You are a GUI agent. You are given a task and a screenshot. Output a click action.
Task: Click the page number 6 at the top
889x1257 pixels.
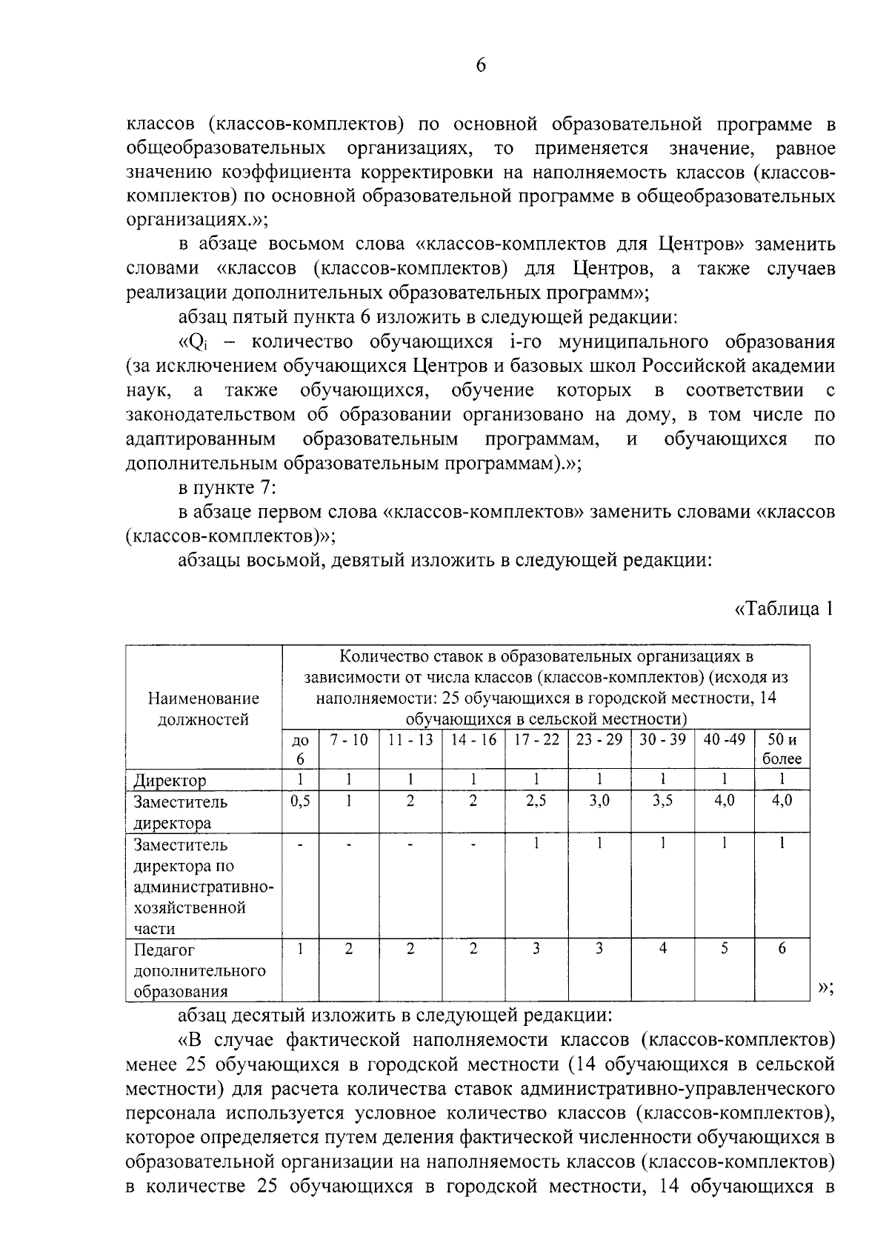[x=480, y=67]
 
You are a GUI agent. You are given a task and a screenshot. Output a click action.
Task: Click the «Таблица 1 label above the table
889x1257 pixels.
[x=784, y=609]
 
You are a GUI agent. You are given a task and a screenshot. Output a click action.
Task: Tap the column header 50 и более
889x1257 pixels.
[x=782, y=749]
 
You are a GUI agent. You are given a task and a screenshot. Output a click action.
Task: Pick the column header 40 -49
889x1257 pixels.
[x=724, y=740]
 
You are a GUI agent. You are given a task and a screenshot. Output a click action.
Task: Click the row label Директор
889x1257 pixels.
[x=170, y=780]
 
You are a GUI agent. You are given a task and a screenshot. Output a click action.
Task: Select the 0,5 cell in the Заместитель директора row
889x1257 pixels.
[x=300, y=801]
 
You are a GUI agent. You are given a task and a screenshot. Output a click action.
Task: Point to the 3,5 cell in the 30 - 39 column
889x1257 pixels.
[x=662, y=801]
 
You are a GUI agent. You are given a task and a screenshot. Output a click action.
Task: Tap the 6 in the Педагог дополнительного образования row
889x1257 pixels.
[x=782, y=949]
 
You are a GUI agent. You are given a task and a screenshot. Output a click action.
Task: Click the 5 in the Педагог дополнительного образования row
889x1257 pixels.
[x=724, y=949]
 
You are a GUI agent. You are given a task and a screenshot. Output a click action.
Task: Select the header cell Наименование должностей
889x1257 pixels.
[x=204, y=708]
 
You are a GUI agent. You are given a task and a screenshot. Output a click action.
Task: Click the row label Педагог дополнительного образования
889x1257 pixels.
[x=199, y=970]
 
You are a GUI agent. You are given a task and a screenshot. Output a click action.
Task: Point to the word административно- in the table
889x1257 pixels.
[x=203, y=887]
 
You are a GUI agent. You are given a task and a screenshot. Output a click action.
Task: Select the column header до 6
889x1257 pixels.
[x=300, y=749]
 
